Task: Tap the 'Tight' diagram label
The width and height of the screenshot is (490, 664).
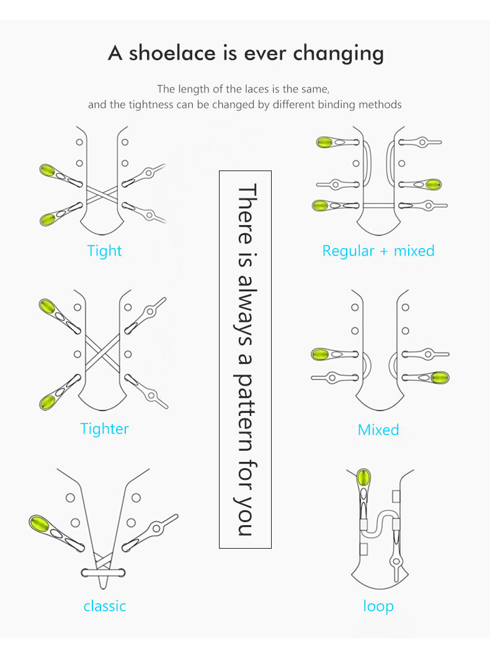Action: coord(104,251)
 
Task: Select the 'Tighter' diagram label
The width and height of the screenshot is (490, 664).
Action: coord(104,428)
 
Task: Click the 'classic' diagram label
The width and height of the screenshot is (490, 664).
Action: coord(104,606)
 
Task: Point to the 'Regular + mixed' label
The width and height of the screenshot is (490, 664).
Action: coord(378,251)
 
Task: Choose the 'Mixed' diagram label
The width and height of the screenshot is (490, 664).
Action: coord(378,430)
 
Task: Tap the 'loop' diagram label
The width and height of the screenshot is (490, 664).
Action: coord(378,606)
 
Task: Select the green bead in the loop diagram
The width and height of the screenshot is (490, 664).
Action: coord(364,478)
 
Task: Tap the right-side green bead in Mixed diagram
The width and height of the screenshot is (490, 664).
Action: coord(440,378)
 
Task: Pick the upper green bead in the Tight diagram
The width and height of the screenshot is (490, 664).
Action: coord(47,170)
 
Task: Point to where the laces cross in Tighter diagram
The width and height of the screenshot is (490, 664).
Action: coord(102,354)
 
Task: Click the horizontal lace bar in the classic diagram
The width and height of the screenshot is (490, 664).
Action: coord(102,572)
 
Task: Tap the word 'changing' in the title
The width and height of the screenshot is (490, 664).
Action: coord(339,53)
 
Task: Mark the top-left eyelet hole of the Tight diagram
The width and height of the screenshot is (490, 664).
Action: coord(79,142)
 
